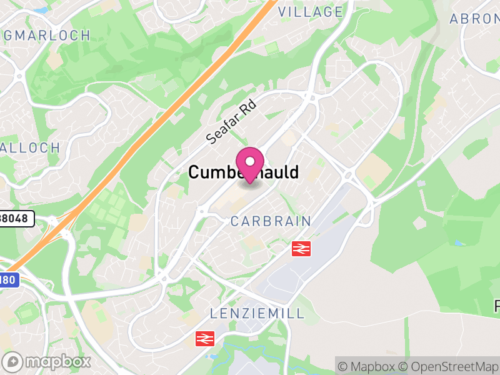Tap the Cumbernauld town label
pyautogui.click(x=243, y=172)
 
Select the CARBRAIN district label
pyautogui.click(x=271, y=221)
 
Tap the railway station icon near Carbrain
pyautogui.click(x=301, y=249)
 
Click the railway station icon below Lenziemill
pyautogui.click(x=204, y=339)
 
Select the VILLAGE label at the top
pyautogui.click(x=311, y=12)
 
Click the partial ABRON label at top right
pyautogui.click(x=474, y=19)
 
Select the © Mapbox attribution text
pyautogui.click(x=367, y=366)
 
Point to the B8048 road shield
pyautogui.click(x=16, y=219)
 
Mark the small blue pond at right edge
pyautogui.click(x=460, y=242)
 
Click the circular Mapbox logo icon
pyautogui.click(x=13, y=362)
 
